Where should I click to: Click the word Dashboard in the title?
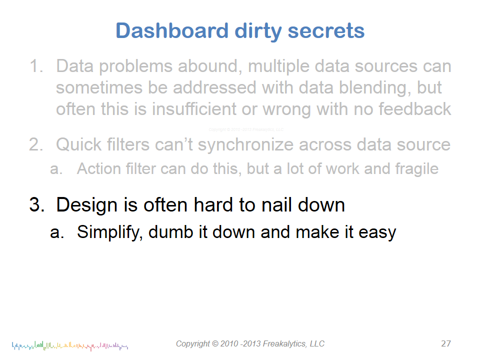coord(172,30)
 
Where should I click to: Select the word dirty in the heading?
coord(258,31)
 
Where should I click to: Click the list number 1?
coord(36,66)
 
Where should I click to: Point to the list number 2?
coord(36,144)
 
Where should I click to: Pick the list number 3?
coord(36,204)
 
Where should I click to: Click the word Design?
coord(86,205)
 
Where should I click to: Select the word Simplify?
coord(109,232)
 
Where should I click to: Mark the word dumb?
coord(171,231)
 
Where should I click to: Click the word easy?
coord(377,233)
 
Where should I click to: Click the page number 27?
coord(446,343)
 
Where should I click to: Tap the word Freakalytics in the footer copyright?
coord(284,344)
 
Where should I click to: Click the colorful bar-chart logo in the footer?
coord(70,346)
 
